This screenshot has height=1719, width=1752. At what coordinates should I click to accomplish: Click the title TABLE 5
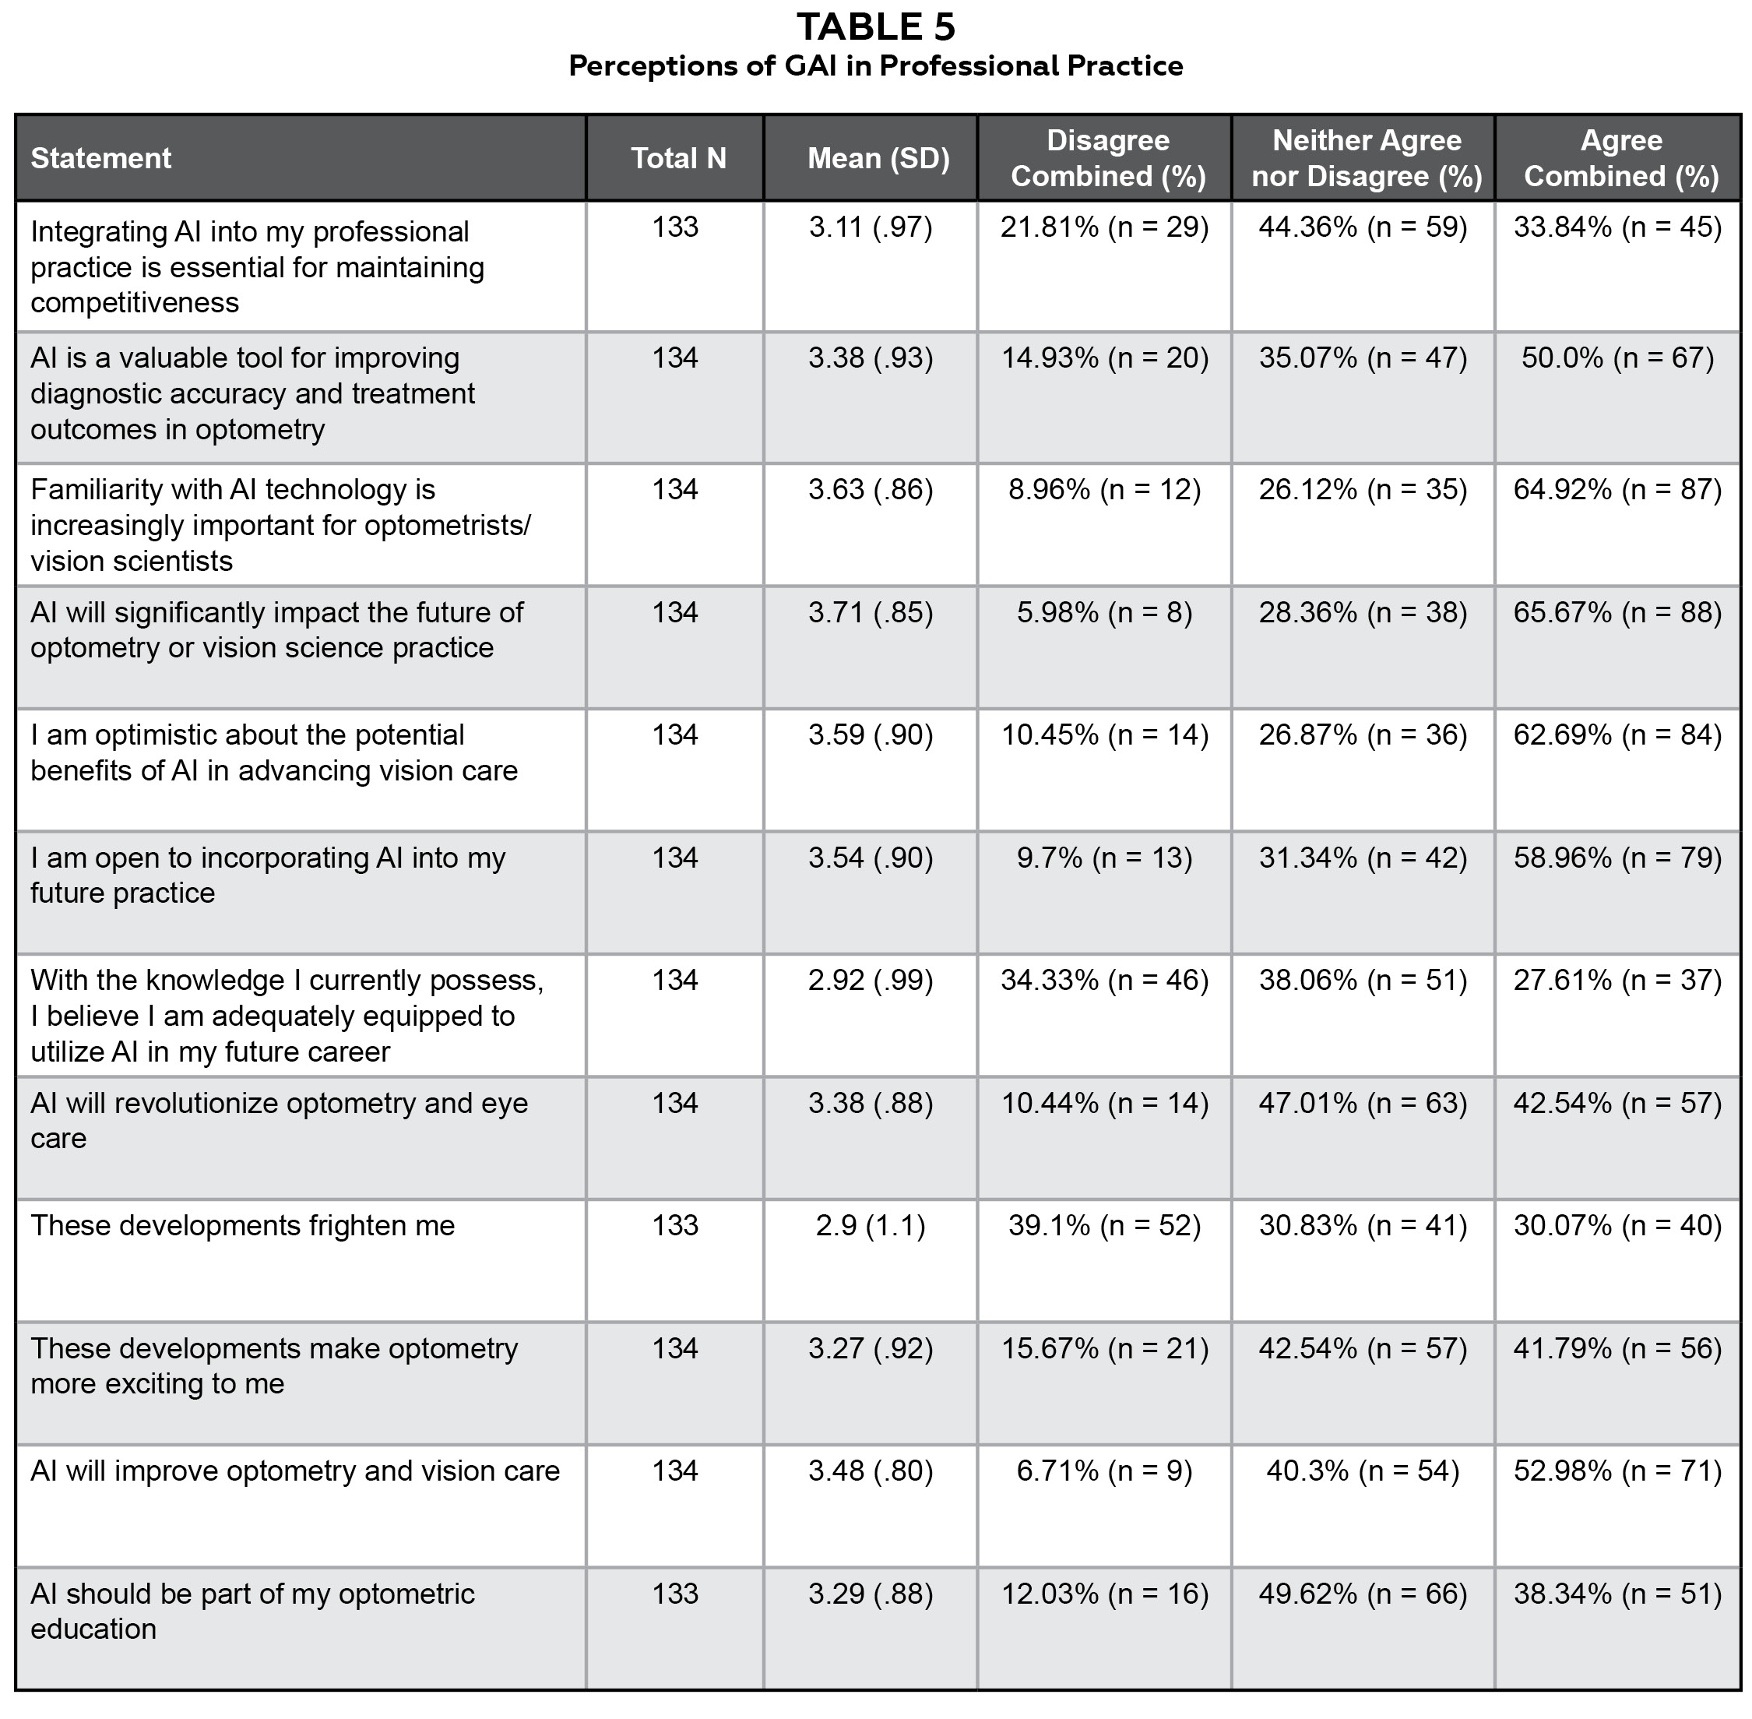pos(874,27)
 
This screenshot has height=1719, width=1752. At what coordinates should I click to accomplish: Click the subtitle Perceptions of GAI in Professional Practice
pos(874,66)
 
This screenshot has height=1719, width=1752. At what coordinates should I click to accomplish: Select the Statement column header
pos(101,158)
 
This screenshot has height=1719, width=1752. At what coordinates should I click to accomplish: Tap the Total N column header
pos(678,158)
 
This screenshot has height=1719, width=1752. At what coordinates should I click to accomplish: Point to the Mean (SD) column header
pos(878,158)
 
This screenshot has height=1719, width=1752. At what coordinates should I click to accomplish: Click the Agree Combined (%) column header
pos(1620,158)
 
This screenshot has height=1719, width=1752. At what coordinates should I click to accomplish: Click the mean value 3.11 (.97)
pos(870,227)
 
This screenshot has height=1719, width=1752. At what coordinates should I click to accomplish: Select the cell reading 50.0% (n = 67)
pos(1617,358)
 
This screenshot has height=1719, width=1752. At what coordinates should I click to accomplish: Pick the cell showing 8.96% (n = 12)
pos(1104,489)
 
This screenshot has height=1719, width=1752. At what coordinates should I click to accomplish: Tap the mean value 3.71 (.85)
pos(870,612)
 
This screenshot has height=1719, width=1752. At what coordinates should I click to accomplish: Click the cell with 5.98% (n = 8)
pos(1104,612)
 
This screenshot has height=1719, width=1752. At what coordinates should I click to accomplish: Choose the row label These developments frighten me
pos(243,1225)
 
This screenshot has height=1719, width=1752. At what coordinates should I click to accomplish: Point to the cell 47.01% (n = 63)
pos(1363,1102)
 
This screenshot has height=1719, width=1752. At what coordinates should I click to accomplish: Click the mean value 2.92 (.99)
pos(870,980)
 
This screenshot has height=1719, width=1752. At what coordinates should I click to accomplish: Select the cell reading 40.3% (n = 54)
pos(1363,1471)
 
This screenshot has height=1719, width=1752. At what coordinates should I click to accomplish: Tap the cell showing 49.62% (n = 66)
pos(1363,1594)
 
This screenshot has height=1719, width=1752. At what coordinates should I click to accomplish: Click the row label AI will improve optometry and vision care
pos(295,1471)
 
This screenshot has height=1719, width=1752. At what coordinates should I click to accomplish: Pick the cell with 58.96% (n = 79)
pos(1617,857)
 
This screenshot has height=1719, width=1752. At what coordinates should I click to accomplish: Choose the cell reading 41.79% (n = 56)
pos(1617,1348)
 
